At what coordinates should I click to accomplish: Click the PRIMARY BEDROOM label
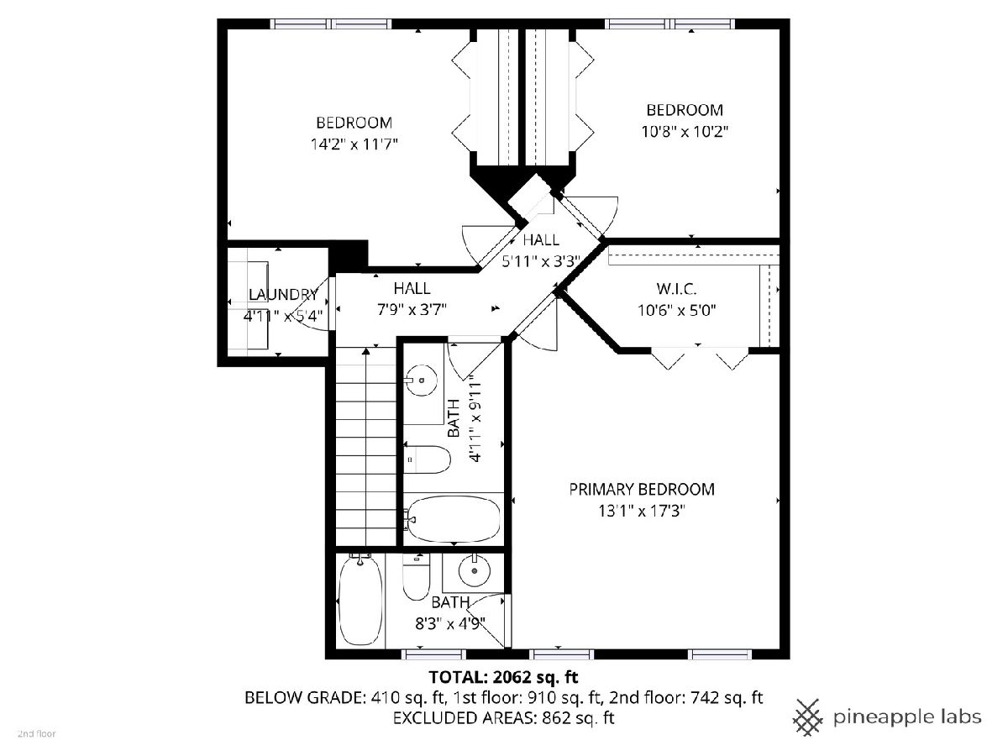point(642,490)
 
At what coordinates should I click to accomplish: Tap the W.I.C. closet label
point(676,289)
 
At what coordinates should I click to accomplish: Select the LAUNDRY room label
point(283,294)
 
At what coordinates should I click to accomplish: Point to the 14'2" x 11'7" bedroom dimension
point(354,144)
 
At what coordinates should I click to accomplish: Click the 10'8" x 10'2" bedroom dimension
point(685,132)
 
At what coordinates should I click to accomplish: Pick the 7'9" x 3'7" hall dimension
point(412,310)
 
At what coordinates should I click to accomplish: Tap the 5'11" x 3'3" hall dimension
point(542,261)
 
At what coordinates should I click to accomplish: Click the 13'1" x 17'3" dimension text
point(642,511)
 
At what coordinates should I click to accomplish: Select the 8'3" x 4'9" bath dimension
point(450,623)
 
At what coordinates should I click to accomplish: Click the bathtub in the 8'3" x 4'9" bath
point(360,600)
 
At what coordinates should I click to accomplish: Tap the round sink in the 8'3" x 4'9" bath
point(475,570)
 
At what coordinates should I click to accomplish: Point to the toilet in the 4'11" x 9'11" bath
point(428,459)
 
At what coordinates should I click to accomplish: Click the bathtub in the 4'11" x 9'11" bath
point(454,518)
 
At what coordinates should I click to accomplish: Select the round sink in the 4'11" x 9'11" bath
point(422,380)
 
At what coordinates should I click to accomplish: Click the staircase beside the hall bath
point(366,446)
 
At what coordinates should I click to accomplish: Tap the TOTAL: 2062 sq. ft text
point(503,677)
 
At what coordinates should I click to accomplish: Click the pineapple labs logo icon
point(808,717)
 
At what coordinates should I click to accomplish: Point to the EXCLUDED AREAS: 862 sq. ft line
point(503,717)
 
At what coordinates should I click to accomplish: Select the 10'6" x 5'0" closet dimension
point(676,310)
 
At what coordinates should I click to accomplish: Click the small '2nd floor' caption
point(37,734)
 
